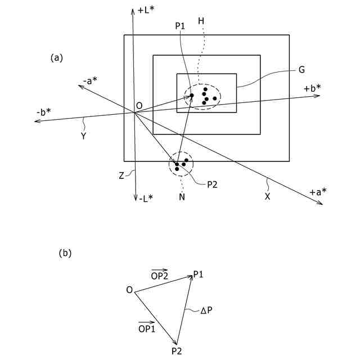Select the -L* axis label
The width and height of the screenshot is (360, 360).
[145, 197]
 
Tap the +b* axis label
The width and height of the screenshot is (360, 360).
[312, 88]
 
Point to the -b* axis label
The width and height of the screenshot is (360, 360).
[43, 111]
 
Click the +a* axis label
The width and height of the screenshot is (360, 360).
[318, 193]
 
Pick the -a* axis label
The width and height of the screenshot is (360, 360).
[90, 81]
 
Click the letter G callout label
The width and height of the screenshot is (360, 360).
[302, 70]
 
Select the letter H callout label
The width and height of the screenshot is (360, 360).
[201, 21]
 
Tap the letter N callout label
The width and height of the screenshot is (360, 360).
[182, 197]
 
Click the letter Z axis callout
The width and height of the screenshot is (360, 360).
[121, 175]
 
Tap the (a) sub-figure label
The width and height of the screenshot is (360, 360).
[57, 57]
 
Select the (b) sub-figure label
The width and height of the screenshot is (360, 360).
[65, 254]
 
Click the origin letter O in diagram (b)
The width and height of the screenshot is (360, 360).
[129, 290]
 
